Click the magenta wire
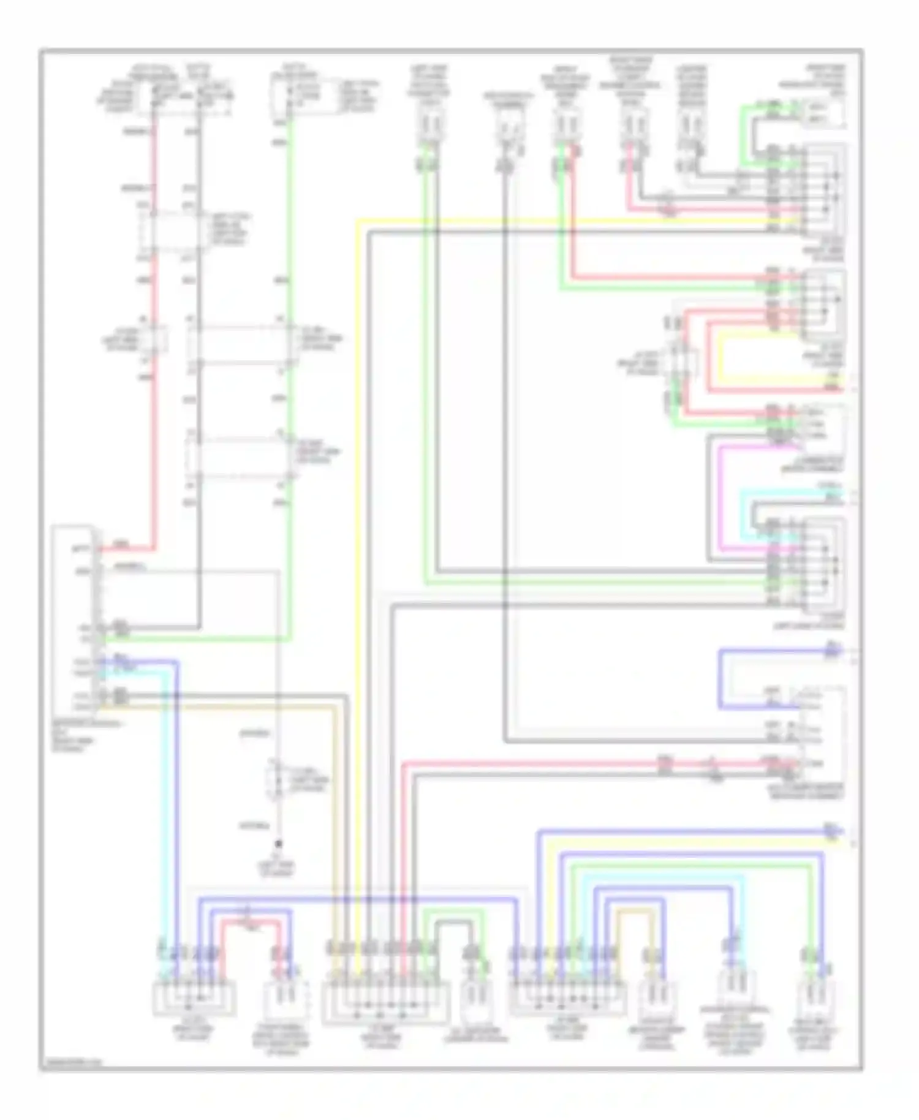(720, 496)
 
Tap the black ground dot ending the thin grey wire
(278, 844)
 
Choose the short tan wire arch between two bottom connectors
(636, 913)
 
